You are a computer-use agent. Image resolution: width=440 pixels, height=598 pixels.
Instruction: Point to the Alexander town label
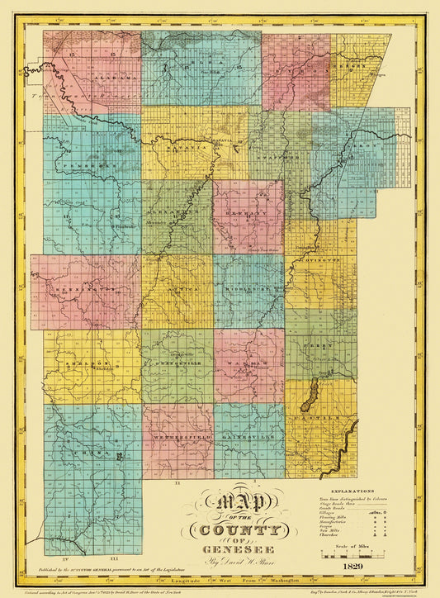tap(176, 211)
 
